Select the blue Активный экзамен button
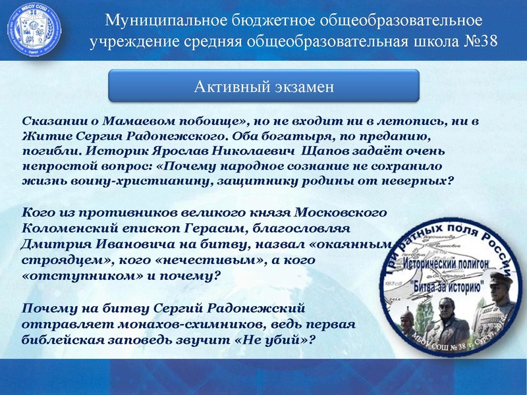[x=263, y=86]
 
